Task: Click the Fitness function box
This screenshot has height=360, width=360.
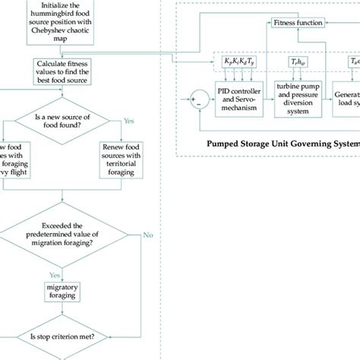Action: (298, 24)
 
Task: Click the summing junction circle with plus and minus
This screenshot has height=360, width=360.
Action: (198, 99)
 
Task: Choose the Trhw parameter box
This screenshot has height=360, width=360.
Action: (298, 61)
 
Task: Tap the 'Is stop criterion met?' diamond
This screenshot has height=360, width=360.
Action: (64, 336)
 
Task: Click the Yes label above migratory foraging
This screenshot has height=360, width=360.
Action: (55, 275)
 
